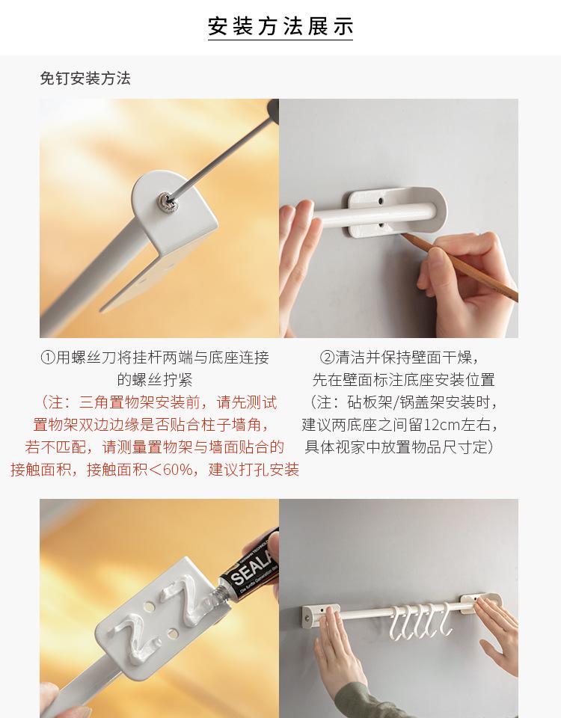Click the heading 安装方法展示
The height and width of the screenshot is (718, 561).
[280, 26]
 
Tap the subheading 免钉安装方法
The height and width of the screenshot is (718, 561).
[85, 79]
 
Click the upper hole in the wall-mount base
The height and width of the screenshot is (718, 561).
[381, 200]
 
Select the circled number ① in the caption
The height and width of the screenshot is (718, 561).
[48, 358]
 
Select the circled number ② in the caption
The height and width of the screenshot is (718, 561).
[327, 358]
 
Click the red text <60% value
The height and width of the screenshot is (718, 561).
[174, 470]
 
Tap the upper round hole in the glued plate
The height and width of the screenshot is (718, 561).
[149, 607]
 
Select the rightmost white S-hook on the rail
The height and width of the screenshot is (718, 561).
[444, 619]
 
